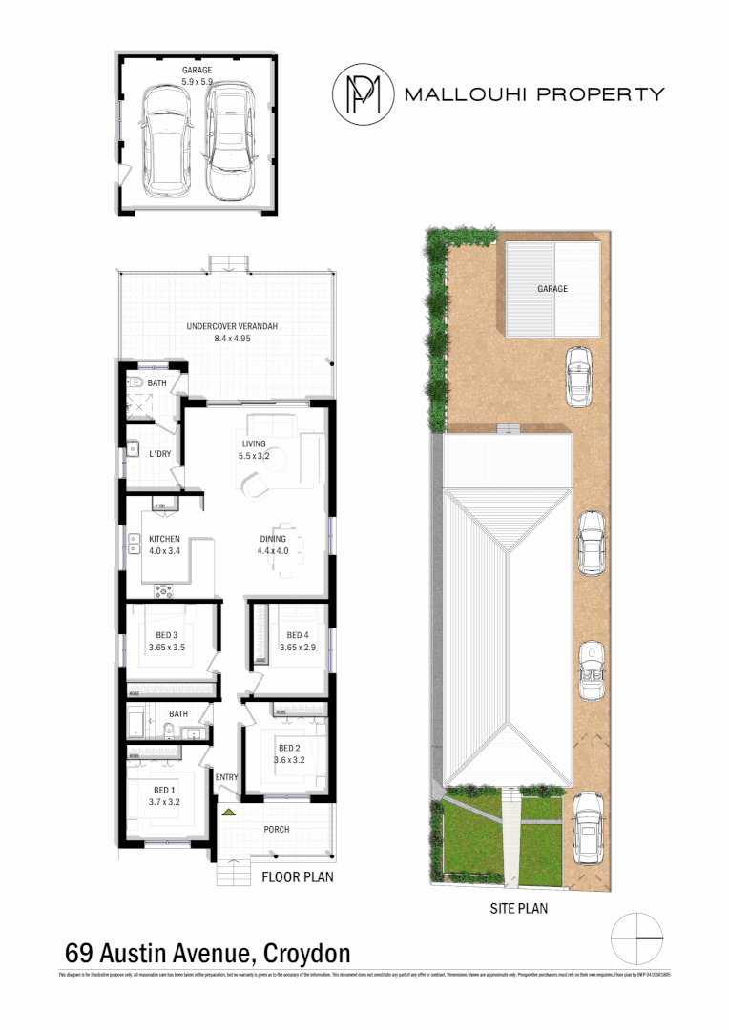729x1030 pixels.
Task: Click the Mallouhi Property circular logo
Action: point(363,93)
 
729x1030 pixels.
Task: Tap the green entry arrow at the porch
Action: point(228,812)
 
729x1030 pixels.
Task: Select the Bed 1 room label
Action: point(163,790)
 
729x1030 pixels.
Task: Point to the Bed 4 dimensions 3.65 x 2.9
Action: point(297,648)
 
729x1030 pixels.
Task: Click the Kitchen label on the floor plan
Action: point(164,539)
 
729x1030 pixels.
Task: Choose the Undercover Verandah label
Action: point(231,327)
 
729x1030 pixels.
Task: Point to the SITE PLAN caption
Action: point(517,909)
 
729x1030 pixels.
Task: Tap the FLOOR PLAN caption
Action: point(298,876)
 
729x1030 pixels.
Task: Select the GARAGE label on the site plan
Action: point(552,289)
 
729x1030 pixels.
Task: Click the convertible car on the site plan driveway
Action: point(594,668)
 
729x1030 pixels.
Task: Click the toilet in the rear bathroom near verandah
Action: point(136,384)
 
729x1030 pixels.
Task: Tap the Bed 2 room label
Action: point(290,748)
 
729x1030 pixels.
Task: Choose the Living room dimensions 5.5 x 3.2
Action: point(253,456)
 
